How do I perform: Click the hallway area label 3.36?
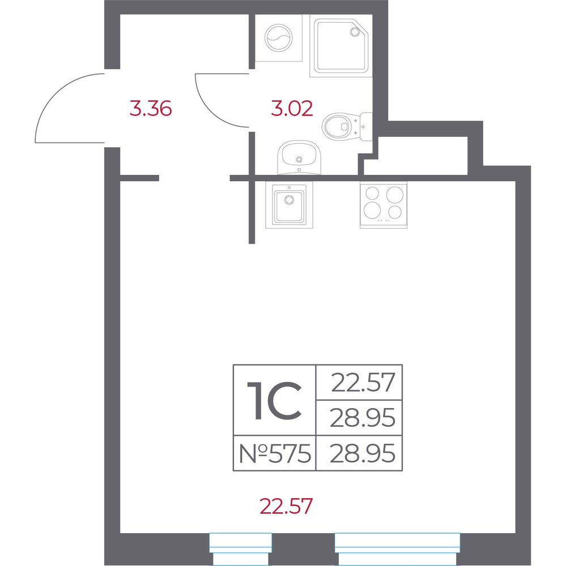coord(150,109)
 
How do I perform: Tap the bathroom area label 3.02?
coord(292,109)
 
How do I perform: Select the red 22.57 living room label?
coord(286,505)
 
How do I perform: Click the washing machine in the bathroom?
coord(279,38)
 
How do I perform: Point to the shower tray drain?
coord(354,32)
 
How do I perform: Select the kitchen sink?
coord(289,205)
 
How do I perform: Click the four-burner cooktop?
coord(384,205)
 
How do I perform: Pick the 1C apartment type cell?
coord(275,400)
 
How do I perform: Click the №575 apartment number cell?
coord(275,453)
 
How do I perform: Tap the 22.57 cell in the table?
coord(359,382)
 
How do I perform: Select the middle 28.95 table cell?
coord(359,418)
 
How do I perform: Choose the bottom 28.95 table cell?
coord(359,453)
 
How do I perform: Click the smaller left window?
coord(241,549)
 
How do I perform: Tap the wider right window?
coord(397,549)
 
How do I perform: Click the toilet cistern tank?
coord(367,127)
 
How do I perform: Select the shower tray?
coord(341,46)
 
